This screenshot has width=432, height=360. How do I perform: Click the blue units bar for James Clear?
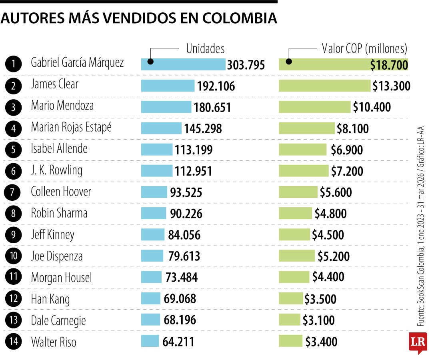click(x=168, y=86)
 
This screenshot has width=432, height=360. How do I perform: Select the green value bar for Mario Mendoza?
click(x=314, y=107)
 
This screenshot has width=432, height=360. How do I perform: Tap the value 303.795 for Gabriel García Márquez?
click(x=246, y=65)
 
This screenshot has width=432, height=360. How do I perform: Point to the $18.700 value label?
click(x=389, y=65)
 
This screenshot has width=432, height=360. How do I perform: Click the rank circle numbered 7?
click(x=14, y=192)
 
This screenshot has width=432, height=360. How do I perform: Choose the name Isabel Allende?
click(x=59, y=149)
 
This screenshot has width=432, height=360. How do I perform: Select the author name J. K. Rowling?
click(x=57, y=171)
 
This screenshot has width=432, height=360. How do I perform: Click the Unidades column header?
click(x=205, y=49)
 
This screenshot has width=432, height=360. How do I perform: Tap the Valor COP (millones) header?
click(x=364, y=49)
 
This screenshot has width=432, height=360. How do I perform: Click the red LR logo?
click(x=418, y=342)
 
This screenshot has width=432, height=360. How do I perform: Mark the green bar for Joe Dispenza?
click(x=297, y=256)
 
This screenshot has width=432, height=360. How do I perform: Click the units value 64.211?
click(x=178, y=342)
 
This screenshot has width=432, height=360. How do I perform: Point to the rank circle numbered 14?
click(x=14, y=342)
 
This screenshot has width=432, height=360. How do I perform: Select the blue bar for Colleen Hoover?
click(x=154, y=192)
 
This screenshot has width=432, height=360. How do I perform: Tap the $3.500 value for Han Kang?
click(x=320, y=299)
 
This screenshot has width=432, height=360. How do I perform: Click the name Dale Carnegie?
click(x=58, y=320)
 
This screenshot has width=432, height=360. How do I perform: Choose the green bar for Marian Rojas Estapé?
click(x=306, y=128)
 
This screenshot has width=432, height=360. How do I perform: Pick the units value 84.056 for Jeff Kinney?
click(x=184, y=235)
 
